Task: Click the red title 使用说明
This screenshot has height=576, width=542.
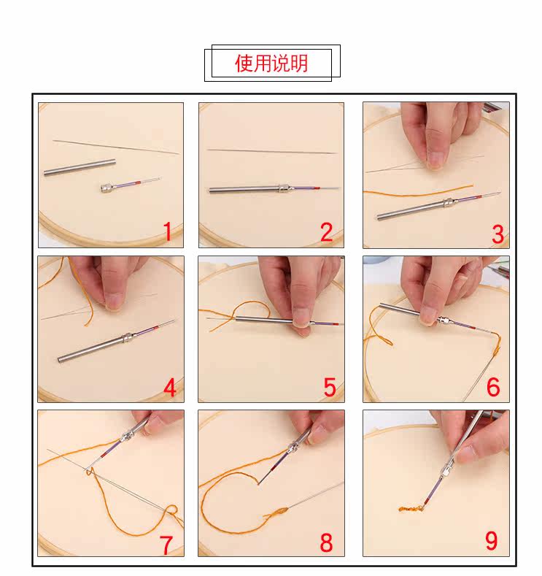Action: coord(271,64)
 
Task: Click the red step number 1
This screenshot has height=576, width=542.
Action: coord(167,231)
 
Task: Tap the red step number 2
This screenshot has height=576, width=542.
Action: coord(327,232)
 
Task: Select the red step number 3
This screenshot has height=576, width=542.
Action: coord(498,234)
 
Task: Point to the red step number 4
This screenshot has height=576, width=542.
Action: coord(169,388)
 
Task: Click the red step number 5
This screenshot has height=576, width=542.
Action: coord(330,387)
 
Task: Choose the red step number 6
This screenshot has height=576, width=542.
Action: coord(493,387)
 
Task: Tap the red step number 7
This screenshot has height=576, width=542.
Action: coord(166,545)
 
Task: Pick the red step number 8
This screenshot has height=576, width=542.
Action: coord(326,542)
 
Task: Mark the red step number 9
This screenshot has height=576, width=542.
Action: coord(492,540)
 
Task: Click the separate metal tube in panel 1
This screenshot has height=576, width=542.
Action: coord(80,167)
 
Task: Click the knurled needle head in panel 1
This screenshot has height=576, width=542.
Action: coord(107,188)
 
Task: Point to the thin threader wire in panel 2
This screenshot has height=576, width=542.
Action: coord(272,151)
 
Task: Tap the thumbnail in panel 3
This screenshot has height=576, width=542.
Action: coord(435,159)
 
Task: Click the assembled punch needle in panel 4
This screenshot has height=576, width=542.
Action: coord(117,341)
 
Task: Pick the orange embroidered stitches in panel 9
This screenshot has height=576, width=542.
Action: coord(411,509)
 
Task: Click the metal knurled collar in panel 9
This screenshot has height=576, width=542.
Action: coord(447,470)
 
